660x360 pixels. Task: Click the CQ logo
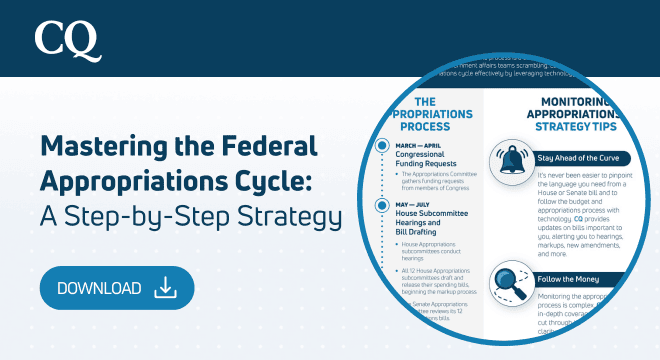click(67, 39)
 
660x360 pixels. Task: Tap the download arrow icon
click(166, 288)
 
